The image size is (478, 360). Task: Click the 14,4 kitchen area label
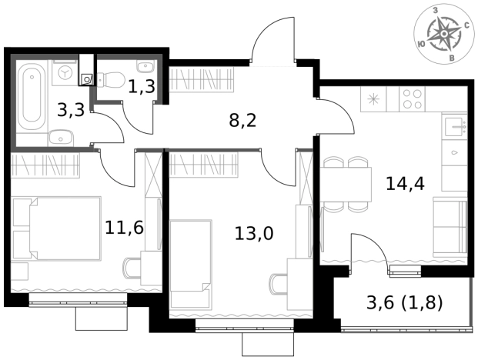405,184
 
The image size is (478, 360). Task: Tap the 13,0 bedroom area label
254,234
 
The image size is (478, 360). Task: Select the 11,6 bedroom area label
124,228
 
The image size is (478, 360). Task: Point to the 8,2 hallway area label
242,121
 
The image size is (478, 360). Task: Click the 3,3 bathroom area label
71,110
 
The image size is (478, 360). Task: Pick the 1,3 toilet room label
142,86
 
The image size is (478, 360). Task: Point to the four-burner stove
412,98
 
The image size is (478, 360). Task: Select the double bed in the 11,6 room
57,228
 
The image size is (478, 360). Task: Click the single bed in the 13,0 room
191,265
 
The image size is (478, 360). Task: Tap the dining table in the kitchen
346,185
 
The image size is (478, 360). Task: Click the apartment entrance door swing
272,39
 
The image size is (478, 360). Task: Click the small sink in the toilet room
146,66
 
